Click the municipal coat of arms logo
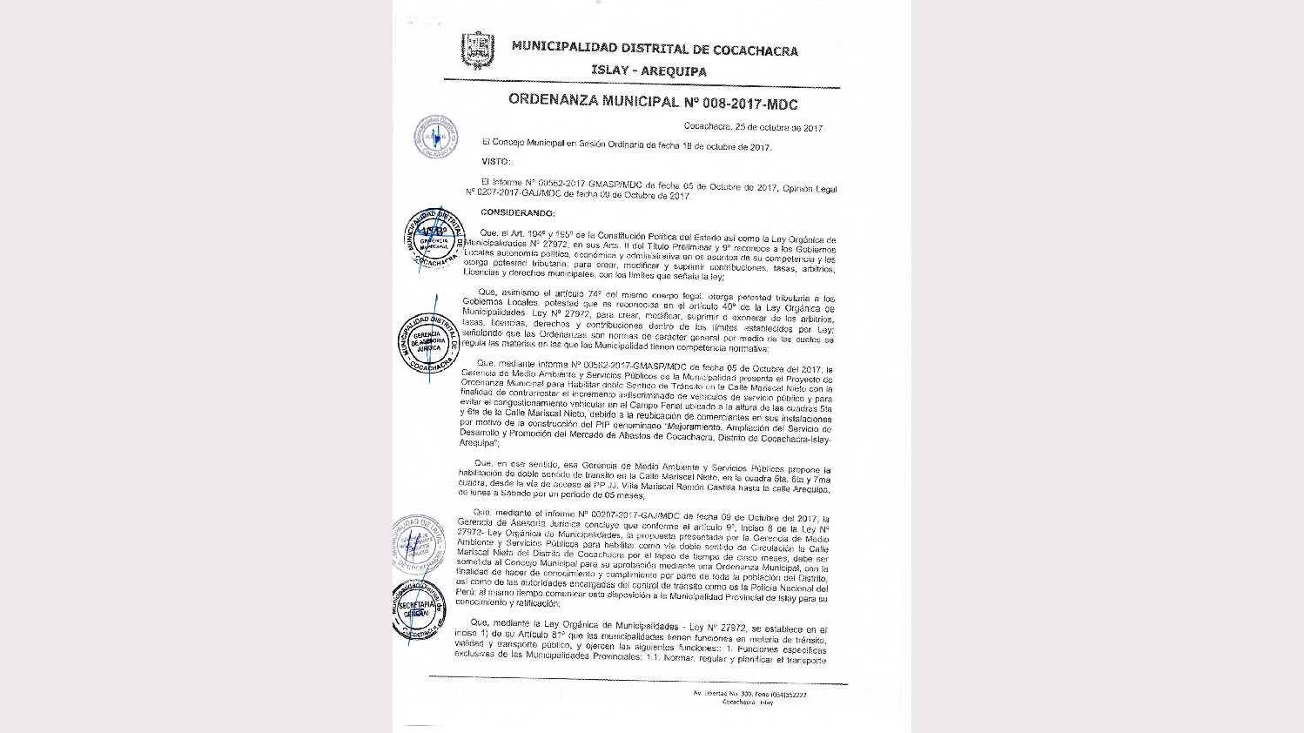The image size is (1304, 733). [x=476, y=50]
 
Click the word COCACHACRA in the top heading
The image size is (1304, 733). [x=755, y=50]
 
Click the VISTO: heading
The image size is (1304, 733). [x=496, y=162]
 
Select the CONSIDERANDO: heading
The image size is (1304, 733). [x=517, y=213]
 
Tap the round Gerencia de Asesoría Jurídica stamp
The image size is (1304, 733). [x=428, y=342]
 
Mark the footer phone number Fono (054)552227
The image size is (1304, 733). [x=779, y=695]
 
